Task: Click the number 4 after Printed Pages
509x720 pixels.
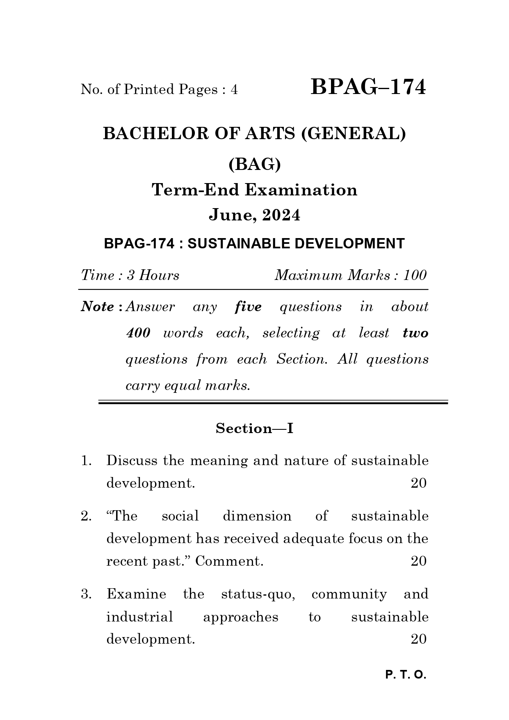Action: (234, 89)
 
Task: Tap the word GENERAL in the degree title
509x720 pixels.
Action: (353, 134)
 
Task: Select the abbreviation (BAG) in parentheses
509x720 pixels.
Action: (254, 165)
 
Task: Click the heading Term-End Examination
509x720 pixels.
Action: (254, 190)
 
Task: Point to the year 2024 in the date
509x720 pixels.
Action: (281, 215)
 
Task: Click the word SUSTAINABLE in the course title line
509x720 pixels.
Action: (239, 244)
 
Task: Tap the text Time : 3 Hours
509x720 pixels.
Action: (130, 275)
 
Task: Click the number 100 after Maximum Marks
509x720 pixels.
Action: (415, 275)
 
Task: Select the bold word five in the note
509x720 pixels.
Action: (248, 307)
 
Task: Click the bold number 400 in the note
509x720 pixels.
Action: (138, 333)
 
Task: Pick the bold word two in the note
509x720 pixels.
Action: (415, 333)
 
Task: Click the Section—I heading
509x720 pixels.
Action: (254, 429)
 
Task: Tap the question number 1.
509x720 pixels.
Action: (86, 461)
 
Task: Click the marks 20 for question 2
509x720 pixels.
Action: (418, 561)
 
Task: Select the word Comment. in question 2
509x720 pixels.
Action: (229, 561)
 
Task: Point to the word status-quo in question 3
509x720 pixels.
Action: (258, 594)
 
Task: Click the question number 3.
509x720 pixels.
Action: (86, 594)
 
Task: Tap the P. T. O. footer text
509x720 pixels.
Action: (406, 675)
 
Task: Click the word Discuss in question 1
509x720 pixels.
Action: (132, 461)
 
